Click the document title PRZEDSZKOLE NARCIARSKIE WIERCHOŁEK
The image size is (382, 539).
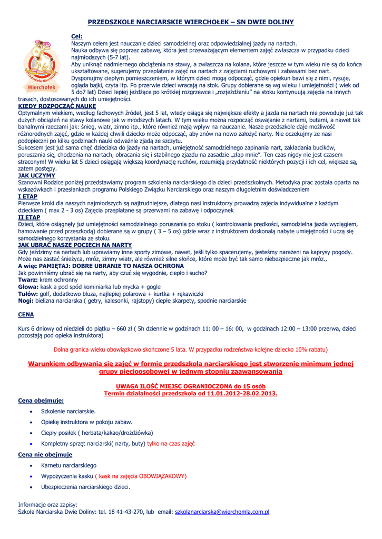(x=190, y=22)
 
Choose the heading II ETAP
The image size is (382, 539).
(x=30, y=217)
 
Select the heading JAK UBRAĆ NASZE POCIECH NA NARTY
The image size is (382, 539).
(x=75, y=245)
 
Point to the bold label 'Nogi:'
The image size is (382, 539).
(x=26, y=301)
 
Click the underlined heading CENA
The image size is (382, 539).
(x=26, y=314)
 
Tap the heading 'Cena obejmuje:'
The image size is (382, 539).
(x=41, y=401)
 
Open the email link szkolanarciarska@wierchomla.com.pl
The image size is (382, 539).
(x=222, y=511)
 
